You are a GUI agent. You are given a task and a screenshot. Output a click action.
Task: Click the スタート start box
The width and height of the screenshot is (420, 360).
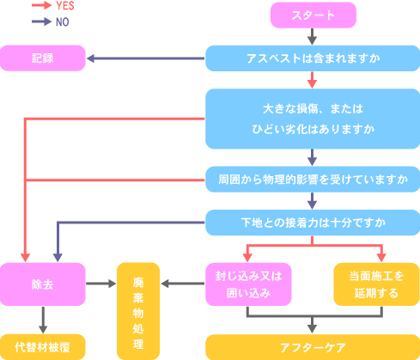[313, 15]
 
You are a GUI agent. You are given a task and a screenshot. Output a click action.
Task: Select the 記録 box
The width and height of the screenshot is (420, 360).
[43, 58]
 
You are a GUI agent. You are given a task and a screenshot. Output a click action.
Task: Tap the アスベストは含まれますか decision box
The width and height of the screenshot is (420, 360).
[313, 58]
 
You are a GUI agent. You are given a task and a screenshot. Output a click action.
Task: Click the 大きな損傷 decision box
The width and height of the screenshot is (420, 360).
[313, 119]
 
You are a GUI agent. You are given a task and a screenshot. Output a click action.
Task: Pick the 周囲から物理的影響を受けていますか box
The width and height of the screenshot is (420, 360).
[313, 180]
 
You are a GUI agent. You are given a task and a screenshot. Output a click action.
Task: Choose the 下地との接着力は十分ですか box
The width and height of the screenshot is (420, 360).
[313, 223]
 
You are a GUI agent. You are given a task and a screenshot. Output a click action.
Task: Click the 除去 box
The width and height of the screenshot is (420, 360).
[43, 284]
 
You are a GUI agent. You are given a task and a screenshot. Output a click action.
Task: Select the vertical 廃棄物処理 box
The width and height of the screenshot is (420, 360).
[138, 311]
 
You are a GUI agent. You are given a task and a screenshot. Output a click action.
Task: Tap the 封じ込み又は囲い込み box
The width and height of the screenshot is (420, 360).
[248, 284]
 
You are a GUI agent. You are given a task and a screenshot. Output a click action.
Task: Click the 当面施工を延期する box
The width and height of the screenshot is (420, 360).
[377, 284]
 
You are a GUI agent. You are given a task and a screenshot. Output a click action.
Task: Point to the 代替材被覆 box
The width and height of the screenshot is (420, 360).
[43, 347]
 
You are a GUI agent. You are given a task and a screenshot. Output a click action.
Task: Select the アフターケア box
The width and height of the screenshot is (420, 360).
[313, 347]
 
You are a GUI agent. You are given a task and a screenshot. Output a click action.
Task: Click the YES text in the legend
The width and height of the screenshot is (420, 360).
[65, 6]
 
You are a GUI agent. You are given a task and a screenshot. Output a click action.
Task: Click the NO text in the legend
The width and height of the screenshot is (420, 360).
[63, 22]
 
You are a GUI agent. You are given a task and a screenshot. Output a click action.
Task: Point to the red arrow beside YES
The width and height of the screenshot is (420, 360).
[42, 5]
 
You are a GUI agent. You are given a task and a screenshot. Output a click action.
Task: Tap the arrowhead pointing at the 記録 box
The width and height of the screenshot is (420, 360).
[91, 58]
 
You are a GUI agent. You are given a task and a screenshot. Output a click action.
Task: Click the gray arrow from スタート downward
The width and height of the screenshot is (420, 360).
[312, 37]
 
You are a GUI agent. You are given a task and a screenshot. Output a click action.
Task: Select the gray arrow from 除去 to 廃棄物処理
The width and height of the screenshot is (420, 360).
[101, 284]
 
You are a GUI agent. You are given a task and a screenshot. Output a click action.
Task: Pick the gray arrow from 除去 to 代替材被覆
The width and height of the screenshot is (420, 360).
[43, 320]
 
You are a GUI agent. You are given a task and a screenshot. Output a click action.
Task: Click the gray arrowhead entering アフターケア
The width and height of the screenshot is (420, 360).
[312, 329]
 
